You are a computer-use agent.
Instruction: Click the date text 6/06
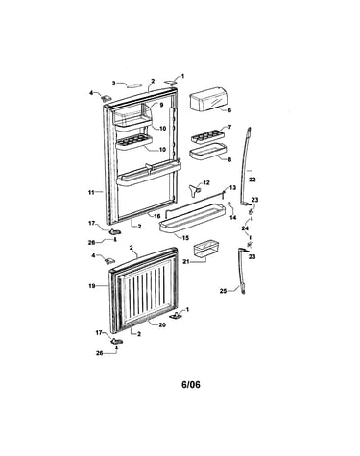[191, 384]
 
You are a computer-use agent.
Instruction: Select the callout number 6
[229, 110]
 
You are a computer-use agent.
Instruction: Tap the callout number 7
[229, 127]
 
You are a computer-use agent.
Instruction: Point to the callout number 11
[92, 192]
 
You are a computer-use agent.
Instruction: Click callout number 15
[185, 238]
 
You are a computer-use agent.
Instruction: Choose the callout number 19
[92, 286]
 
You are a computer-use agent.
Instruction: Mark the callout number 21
[186, 261]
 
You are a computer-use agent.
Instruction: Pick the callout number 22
[252, 180]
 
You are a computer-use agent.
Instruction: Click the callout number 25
[224, 291]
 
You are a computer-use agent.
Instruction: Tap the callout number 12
[206, 182]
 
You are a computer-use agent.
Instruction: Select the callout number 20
[162, 324]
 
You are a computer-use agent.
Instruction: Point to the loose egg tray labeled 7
[207, 136]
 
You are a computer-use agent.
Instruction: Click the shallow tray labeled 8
[208, 152]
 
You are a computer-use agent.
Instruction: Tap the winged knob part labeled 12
[194, 189]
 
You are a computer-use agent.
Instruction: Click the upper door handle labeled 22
[246, 166]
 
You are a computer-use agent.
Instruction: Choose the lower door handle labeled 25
[241, 271]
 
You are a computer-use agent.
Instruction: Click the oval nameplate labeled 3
[134, 85]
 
